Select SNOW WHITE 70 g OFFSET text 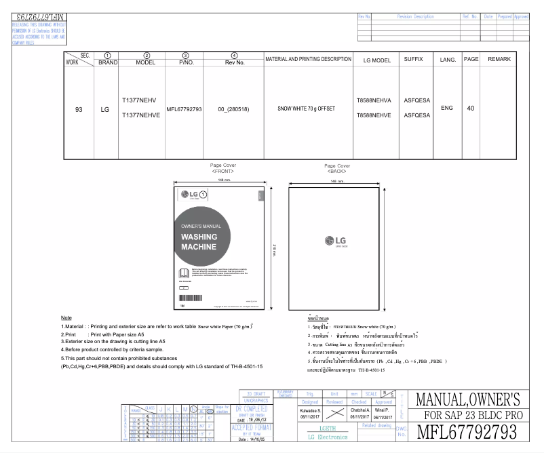click(x=309, y=109)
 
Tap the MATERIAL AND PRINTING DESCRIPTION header click(x=309, y=60)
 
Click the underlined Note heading click(x=66, y=317)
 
